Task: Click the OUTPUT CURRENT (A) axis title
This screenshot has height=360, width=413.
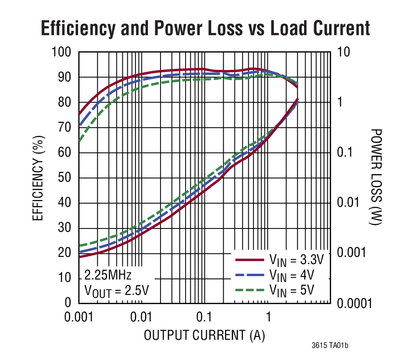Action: click(205, 335)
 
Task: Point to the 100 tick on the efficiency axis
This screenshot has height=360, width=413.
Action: click(61, 52)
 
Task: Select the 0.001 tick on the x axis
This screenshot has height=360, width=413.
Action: click(79, 318)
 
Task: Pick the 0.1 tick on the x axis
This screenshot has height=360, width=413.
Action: click(204, 318)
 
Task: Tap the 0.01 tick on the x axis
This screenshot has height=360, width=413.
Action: click(142, 318)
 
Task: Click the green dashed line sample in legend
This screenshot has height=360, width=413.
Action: click(250, 290)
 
